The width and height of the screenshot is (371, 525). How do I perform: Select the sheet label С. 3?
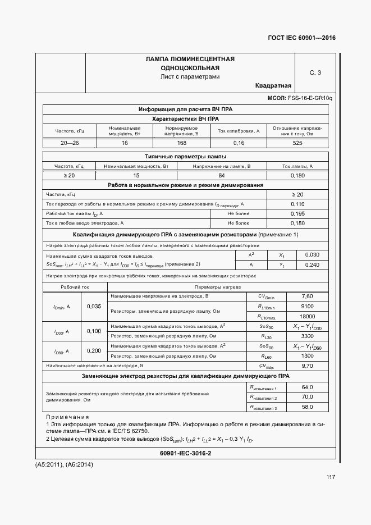tap(315, 72)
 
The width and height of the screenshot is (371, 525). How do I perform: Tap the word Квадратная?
tap(273, 86)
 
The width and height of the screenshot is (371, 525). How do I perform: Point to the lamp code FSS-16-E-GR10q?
tap(310, 98)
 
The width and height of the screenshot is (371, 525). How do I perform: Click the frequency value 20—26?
tap(70, 143)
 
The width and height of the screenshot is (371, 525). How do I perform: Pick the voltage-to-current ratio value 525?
tap(297, 143)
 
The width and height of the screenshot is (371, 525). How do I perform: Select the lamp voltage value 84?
tap(221, 176)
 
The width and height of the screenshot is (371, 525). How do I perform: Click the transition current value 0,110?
tap(297, 204)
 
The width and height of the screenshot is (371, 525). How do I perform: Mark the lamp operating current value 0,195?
tap(297, 214)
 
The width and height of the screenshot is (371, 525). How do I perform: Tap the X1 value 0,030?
tap(312, 255)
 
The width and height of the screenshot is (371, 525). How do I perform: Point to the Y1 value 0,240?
tap(312, 264)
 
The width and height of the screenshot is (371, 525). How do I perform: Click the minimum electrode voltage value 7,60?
tap(307, 296)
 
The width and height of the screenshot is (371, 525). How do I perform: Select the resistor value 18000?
tap(307, 316)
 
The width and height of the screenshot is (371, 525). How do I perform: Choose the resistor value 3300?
tap(307, 336)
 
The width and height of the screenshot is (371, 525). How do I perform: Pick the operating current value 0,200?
tap(94, 351)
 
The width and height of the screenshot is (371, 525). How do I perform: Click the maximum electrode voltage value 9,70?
tap(307, 366)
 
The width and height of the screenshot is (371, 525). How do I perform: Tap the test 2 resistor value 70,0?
tap(307, 396)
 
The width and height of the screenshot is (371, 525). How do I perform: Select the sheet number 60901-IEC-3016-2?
tap(185, 453)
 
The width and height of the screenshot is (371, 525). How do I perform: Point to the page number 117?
tap(330, 477)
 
